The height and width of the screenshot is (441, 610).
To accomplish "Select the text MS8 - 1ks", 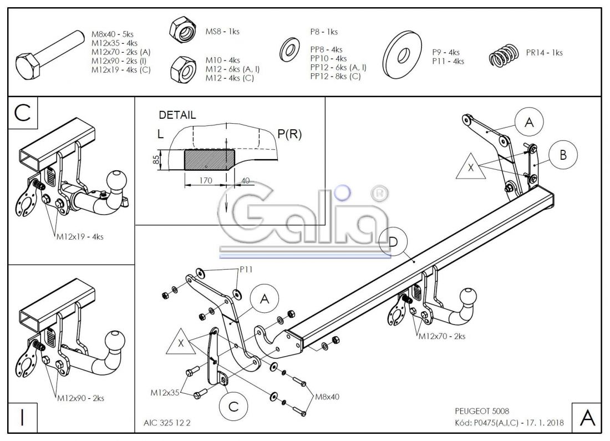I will click(x=222, y=32).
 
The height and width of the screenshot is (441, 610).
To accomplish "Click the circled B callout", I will click(x=563, y=155).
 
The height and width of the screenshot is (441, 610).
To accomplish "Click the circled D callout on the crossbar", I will click(x=392, y=242).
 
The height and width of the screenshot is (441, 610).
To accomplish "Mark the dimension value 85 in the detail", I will click(x=156, y=160).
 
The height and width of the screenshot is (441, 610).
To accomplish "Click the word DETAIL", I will click(x=177, y=115).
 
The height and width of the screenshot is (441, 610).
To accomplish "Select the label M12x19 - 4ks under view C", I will click(x=80, y=236).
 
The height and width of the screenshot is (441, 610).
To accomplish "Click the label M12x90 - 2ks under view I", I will click(x=80, y=398).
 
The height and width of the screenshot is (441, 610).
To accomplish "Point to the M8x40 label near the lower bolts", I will click(x=327, y=397).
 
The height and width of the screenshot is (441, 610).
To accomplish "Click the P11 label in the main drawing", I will click(x=247, y=269).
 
